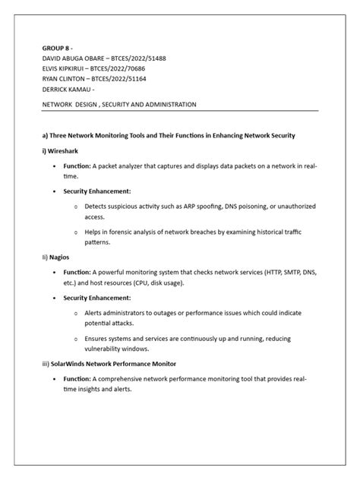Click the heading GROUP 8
tap(56, 46)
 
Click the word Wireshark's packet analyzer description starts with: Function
tap(77, 165)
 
